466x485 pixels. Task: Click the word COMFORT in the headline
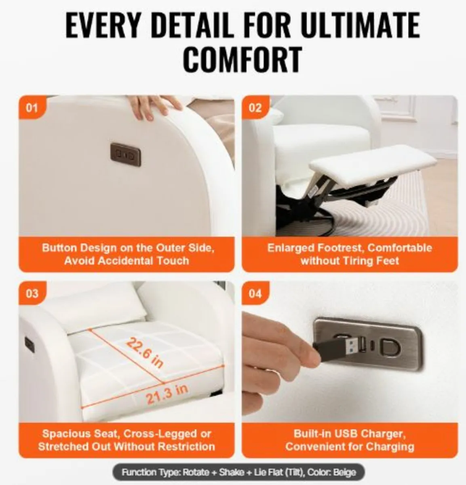click(243, 59)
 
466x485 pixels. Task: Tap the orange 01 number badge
click(32, 108)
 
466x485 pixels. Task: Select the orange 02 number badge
click(255, 108)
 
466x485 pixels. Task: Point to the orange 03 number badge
click(32, 293)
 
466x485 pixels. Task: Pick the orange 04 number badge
click(255, 293)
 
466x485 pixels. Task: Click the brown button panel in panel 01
click(126, 155)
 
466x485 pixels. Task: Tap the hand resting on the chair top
click(154, 106)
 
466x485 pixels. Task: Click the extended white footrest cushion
click(373, 162)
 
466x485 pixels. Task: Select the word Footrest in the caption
click(341, 248)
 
